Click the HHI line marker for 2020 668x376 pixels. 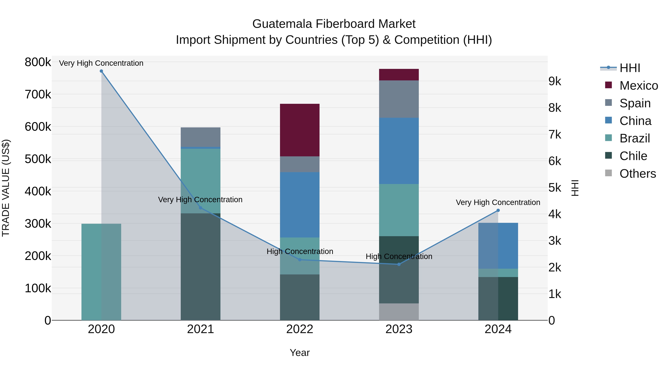(101, 71)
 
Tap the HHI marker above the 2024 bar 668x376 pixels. (498, 210)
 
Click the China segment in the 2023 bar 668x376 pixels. (399, 151)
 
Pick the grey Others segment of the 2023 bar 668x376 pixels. (399, 312)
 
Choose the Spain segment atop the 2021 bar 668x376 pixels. (200, 137)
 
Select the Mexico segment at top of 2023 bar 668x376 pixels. (399, 75)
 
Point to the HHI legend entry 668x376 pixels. (630, 68)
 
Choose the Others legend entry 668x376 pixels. (637, 174)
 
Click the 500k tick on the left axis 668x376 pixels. (38, 159)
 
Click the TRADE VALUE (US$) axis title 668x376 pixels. (6, 188)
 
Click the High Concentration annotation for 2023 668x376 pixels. (399, 256)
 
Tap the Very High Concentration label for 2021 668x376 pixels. (200, 200)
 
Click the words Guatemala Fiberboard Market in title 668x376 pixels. (334, 24)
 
